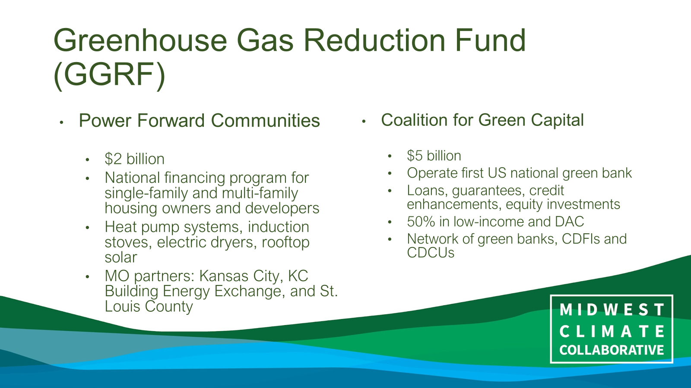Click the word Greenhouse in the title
tap(140, 41)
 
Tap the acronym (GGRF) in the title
tap(110, 75)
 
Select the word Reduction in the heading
tap(374, 41)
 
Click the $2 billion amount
tap(134, 159)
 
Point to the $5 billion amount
tap(434, 156)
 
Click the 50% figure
tap(421, 222)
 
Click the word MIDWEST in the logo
tap(612, 310)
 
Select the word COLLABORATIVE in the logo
tap(612, 350)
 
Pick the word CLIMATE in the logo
tap(612, 332)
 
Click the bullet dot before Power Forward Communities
tap(62, 122)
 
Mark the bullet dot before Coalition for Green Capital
tap(364, 122)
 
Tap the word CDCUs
tap(431, 253)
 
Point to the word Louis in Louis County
tap(123, 307)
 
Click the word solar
tap(121, 257)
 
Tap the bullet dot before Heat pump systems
tap(88, 228)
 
